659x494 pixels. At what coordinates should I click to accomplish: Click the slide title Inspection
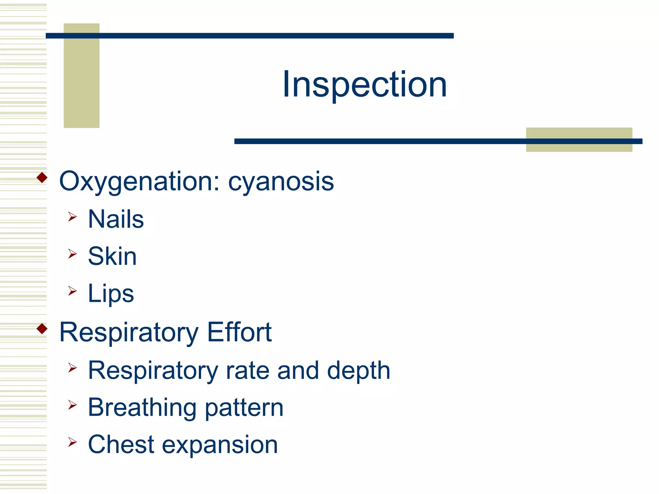pyautogui.click(x=365, y=85)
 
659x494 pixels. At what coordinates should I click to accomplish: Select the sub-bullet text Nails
pyautogui.click(x=116, y=219)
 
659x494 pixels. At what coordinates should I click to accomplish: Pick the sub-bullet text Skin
pyautogui.click(x=112, y=256)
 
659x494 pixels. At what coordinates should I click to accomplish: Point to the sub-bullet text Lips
pyautogui.click(x=111, y=293)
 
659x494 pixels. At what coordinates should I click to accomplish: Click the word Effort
pyautogui.click(x=239, y=332)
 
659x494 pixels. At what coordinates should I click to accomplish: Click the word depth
pyautogui.click(x=358, y=371)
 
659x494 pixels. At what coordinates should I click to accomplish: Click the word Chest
pyautogui.click(x=121, y=444)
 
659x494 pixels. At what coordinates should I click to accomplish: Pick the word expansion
pyautogui.click(x=220, y=445)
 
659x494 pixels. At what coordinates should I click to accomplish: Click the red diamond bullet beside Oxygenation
pyautogui.click(x=42, y=178)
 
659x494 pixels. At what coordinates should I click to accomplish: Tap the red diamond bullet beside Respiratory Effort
pyautogui.click(x=42, y=329)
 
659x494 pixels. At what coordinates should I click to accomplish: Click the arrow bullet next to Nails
pyautogui.click(x=72, y=217)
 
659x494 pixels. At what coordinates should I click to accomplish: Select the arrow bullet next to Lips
pyautogui.click(x=72, y=291)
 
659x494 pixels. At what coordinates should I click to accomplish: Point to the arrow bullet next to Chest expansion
pyautogui.click(x=72, y=442)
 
